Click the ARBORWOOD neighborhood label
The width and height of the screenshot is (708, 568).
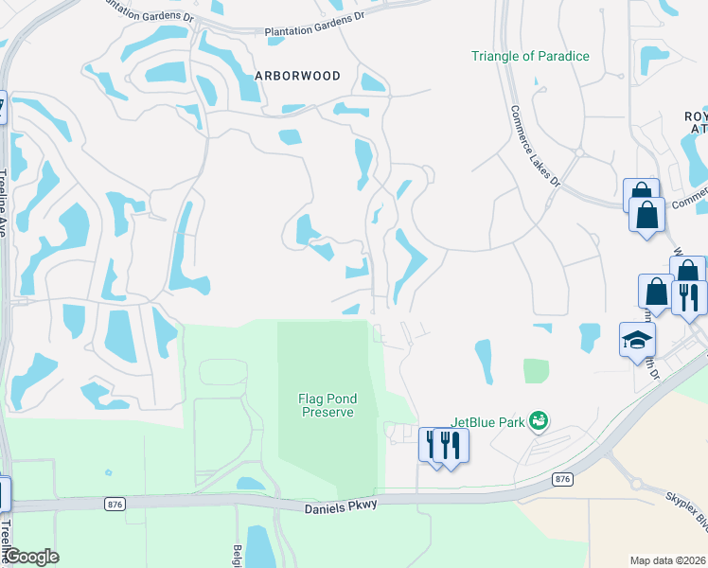[x=297, y=76]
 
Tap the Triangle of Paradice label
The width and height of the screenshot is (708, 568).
[x=530, y=56]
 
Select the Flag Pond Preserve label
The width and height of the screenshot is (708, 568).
[x=327, y=405]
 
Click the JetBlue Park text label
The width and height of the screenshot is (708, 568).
[x=487, y=421]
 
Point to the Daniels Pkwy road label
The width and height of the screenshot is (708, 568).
[x=340, y=506]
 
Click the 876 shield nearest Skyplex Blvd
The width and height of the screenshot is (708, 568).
[x=562, y=480]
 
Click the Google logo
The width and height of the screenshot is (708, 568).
[x=31, y=557]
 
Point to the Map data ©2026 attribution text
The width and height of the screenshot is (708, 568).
[x=666, y=560]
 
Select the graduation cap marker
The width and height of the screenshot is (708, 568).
[x=637, y=339]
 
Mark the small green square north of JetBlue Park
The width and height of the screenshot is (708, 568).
[x=536, y=371]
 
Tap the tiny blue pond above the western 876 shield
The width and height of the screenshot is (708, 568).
[x=109, y=472]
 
